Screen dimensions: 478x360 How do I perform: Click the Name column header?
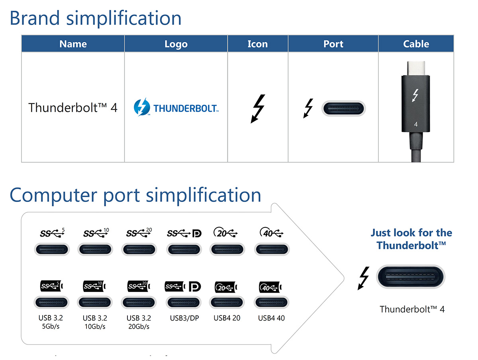click(73, 44)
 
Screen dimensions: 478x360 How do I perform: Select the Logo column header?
click(176, 44)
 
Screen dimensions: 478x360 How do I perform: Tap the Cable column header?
click(416, 44)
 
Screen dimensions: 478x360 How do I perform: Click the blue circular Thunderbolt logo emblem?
click(142, 107)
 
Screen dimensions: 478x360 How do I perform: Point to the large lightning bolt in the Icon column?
click(258, 109)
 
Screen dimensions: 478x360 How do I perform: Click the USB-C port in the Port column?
click(343, 108)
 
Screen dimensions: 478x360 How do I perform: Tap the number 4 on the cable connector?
click(415, 124)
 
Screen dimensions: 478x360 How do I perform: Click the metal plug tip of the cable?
click(416, 68)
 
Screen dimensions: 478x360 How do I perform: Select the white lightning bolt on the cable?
click(415, 95)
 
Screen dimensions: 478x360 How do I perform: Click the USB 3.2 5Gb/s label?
click(51, 322)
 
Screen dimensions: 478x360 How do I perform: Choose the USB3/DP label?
click(184, 318)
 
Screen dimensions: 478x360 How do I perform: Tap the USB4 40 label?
click(271, 318)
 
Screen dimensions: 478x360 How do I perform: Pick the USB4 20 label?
click(227, 318)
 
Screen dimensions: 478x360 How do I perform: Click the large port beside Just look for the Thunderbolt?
click(411, 277)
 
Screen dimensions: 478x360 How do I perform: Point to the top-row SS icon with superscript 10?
click(96, 233)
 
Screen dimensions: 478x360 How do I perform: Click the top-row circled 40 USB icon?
click(271, 232)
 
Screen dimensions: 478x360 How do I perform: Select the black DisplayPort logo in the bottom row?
click(195, 286)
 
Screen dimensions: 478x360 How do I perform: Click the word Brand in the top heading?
click(35, 18)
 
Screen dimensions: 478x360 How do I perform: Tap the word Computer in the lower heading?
click(53, 196)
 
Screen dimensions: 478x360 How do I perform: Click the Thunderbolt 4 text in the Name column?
click(73, 108)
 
